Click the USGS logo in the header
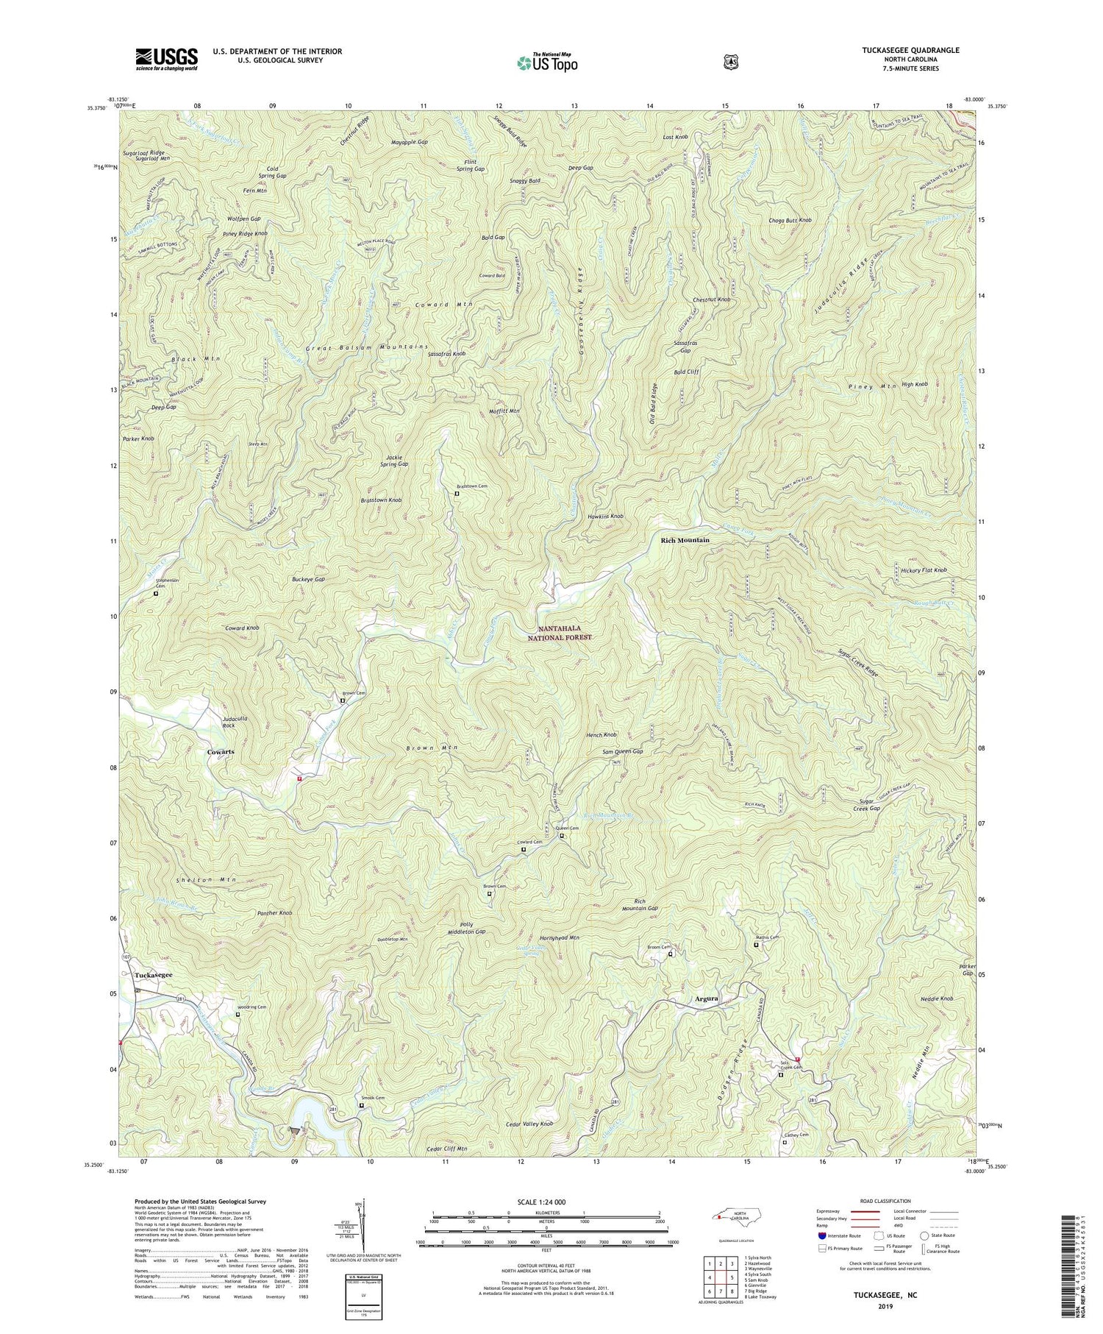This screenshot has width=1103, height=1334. tap(166, 59)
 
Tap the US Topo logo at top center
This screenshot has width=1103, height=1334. tap(547, 63)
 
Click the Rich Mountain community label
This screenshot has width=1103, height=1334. tap(685, 540)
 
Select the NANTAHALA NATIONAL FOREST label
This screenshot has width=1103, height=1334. tap(564, 633)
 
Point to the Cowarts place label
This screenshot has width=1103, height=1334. tap(221, 751)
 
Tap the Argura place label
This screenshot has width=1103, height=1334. tap(707, 999)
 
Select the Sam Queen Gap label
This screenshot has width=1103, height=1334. tap(623, 751)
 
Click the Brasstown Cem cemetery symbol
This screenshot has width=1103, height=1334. tap(457, 494)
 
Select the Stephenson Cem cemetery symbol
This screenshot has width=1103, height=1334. tap(155, 593)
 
